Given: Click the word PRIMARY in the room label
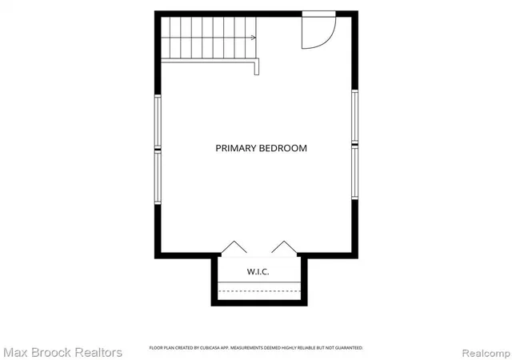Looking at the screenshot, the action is point(236,148).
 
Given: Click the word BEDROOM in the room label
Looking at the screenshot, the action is point(283,148).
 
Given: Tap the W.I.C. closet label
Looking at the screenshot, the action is point(258,272).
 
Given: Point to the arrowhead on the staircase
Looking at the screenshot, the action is point(254,38).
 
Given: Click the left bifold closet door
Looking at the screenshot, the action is point(234,246).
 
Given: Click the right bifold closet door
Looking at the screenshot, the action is point(284,246).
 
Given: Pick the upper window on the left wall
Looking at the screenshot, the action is point(158,121).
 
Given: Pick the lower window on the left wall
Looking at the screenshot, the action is point(158,178).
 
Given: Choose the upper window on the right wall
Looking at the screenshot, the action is point(355,116).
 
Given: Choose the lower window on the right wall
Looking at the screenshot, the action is point(355,172).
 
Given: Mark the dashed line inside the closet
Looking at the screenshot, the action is point(259,290).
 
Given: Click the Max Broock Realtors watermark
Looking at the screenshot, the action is point(62,353).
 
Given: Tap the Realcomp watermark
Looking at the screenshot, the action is point(486,353).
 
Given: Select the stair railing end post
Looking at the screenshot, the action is point(257,67).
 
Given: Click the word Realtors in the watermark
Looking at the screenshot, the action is point(98,353).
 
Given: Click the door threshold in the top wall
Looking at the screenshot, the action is point(318,14).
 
